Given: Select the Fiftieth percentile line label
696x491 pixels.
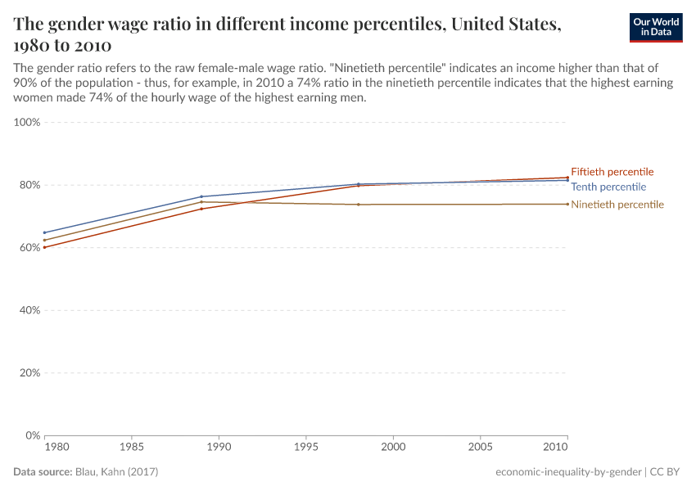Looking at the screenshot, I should [x=612, y=172].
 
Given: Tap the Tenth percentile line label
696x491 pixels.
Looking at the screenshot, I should [x=608, y=187].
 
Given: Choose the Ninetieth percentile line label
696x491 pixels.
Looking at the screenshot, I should [x=617, y=205].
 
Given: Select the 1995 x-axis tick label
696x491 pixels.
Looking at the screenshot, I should [x=306, y=448].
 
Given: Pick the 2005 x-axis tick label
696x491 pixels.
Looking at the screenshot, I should [x=480, y=448].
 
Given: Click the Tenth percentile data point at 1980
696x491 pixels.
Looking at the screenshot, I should [x=45, y=232].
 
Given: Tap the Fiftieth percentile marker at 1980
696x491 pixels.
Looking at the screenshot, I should [x=45, y=247].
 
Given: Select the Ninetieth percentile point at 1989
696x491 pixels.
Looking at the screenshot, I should [x=201, y=202].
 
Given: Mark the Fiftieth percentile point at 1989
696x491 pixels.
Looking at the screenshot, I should [x=201, y=209].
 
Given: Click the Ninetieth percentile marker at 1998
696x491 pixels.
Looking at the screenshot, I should [x=359, y=205].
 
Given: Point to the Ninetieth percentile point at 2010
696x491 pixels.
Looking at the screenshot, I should [x=567, y=204].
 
